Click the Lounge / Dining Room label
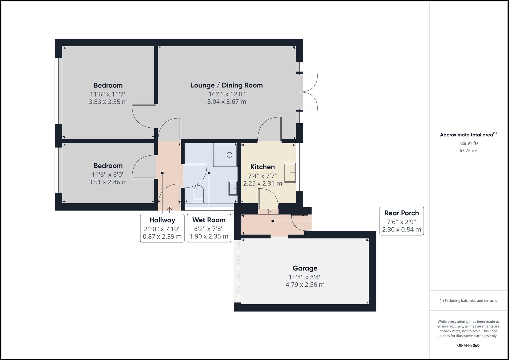226,85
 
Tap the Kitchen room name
262,167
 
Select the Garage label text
305,268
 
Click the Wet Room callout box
209,228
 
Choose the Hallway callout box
162,228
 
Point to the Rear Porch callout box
401,221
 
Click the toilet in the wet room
199,194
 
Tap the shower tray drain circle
229,155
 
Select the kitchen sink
290,172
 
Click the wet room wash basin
233,188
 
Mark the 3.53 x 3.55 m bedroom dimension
108,102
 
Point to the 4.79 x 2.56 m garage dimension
305,285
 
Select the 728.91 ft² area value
468,143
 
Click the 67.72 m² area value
468,151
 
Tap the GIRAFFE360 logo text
468,345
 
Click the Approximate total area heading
468,135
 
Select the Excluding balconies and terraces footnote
468,301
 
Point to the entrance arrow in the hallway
169,209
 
